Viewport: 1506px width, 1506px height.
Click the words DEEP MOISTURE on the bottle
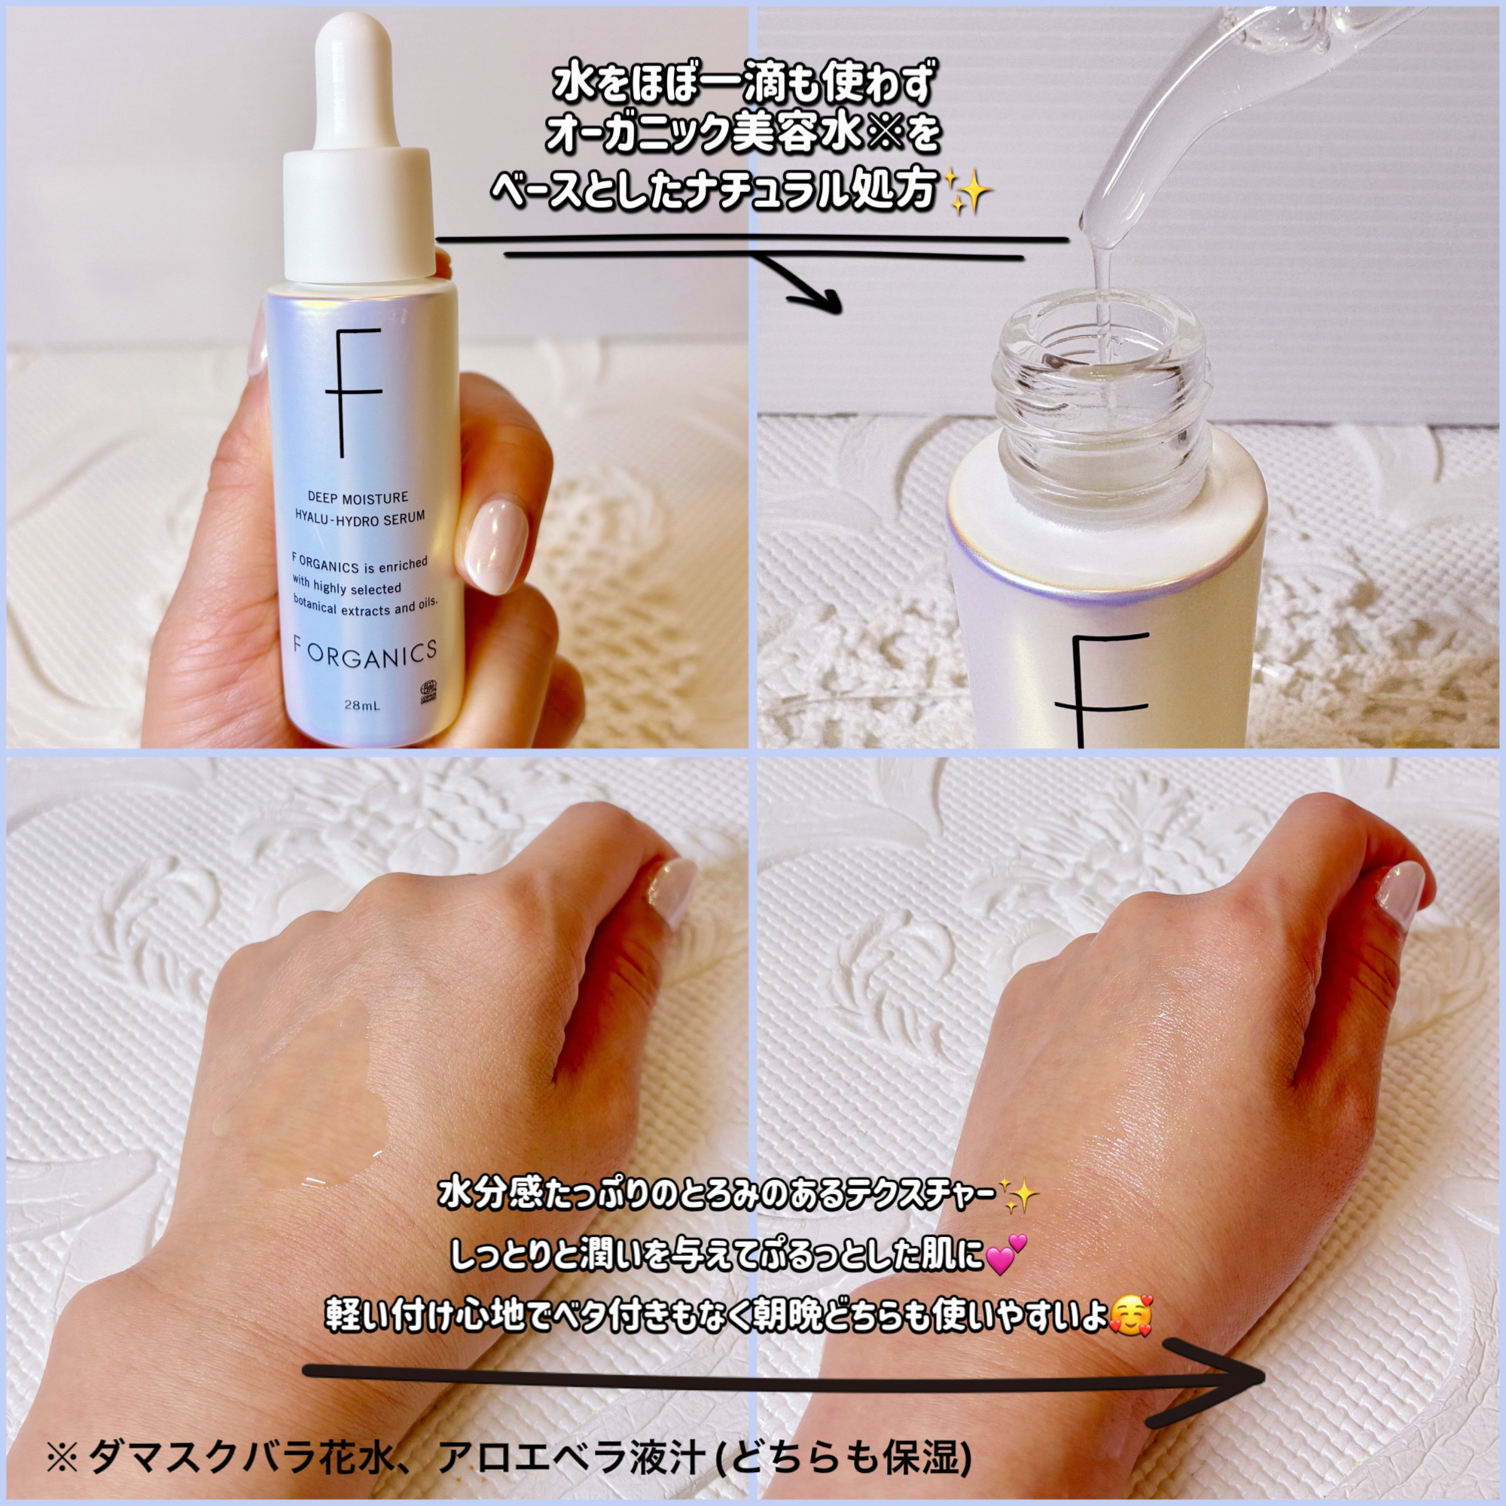[357, 497]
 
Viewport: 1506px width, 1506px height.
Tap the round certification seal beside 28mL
[429, 692]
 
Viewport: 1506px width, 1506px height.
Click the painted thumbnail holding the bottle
[496, 542]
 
